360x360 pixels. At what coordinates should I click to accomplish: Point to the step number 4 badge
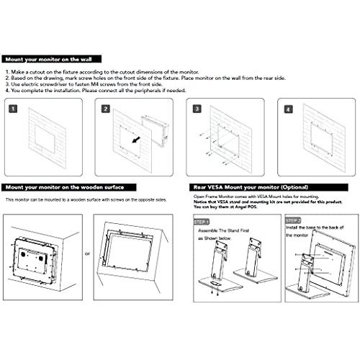(x=289, y=109)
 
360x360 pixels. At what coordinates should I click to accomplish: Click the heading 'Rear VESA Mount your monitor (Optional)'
(x=242, y=186)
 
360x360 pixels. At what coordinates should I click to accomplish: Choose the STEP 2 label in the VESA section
(x=294, y=222)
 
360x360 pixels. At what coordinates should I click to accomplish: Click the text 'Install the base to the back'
(x=321, y=228)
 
